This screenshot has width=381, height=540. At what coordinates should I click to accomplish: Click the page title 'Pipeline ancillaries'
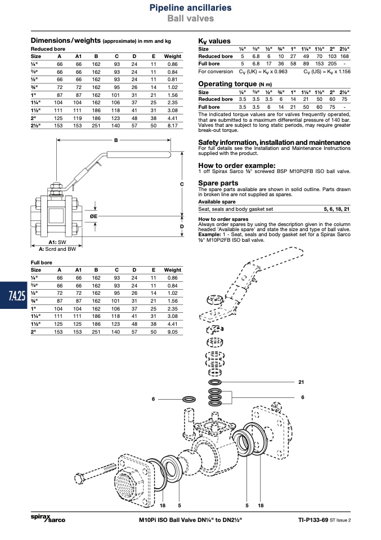tap(190, 7)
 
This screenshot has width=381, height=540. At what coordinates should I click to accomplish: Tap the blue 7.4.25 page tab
tap(14, 295)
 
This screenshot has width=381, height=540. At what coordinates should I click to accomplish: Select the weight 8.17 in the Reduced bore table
tap(173, 126)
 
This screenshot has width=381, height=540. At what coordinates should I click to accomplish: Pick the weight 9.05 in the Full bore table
tap(173, 332)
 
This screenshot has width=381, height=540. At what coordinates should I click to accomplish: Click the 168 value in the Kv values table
tap(344, 56)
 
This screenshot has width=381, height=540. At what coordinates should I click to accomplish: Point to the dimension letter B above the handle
tap(116, 140)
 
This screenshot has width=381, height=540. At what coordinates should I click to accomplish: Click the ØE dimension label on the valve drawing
tap(93, 216)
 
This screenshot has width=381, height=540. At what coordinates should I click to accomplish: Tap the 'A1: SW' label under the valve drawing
tap(57, 242)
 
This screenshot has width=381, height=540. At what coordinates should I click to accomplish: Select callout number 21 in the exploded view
tap(301, 382)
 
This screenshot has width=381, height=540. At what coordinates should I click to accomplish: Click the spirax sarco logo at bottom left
tap(48, 519)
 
